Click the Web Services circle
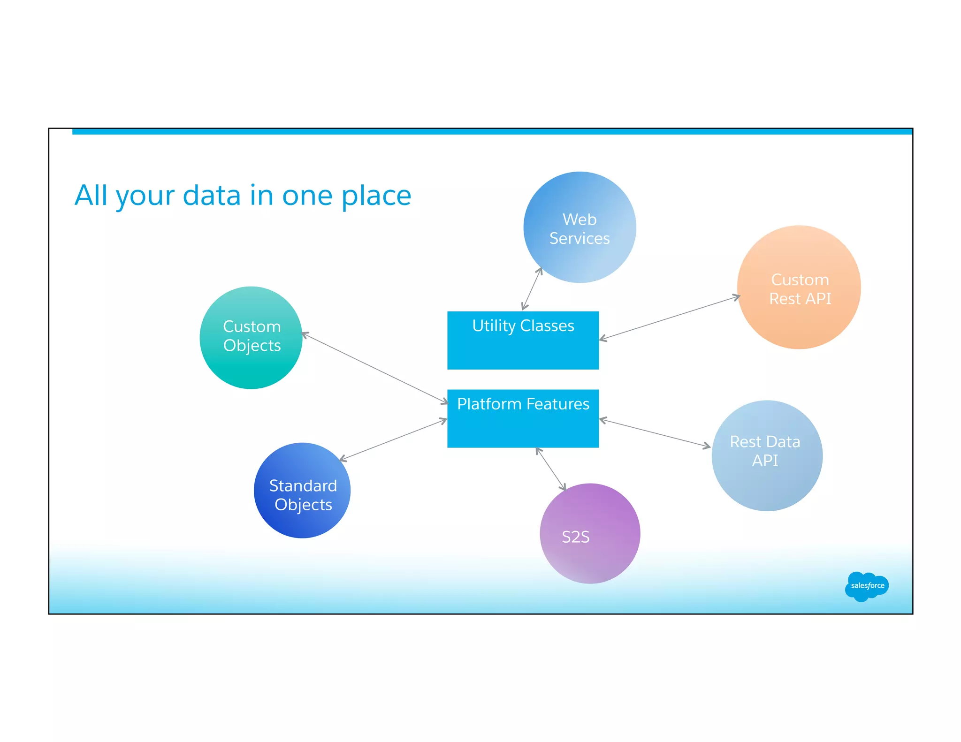(580, 227)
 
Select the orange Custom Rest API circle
(799, 287)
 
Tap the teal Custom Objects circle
(251, 338)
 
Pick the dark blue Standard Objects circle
(302, 491)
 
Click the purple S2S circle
(590, 534)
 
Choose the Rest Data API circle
(767, 455)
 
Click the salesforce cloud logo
(866, 586)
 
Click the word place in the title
(376, 196)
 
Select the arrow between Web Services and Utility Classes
(532, 288)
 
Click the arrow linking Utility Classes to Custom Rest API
(670, 317)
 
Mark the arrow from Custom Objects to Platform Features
(375, 368)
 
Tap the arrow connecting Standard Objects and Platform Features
(393, 439)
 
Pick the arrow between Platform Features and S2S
(551, 469)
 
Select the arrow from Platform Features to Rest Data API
(655, 433)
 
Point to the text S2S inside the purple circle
(575, 537)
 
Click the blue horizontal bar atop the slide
(492, 132)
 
